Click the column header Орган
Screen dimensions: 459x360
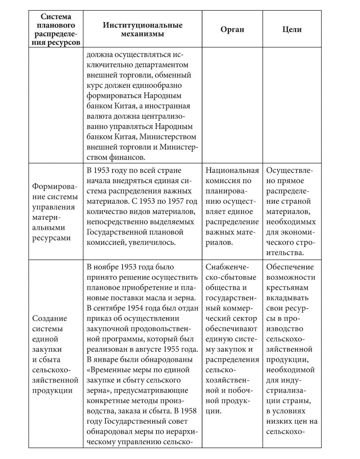tap(232, 29)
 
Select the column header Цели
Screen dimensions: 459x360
tap(292, 29)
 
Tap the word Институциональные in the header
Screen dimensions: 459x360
tap(143, 25)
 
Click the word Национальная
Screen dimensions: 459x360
tap(232, 170)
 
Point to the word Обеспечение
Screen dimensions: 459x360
tap(290, 267)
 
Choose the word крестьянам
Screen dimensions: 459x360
tap(287, 288)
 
